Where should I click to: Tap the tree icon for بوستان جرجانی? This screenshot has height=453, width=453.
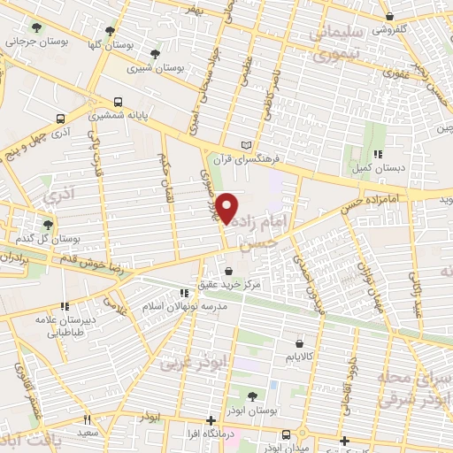click(36, 27)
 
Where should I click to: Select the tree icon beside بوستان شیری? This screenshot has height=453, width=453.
click(155, 54)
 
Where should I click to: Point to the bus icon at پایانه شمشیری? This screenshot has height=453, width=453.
click(119, 102)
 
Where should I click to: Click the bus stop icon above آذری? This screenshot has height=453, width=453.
click(60, 119)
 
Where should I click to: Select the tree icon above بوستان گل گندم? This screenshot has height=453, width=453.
click(47, 225)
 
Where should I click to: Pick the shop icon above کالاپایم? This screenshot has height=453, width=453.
click(299, 342)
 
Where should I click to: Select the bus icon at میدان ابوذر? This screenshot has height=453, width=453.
click(287, 434)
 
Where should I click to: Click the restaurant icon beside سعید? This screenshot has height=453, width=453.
click(86, 420)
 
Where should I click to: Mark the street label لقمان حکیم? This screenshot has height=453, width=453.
click(164, 177)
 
